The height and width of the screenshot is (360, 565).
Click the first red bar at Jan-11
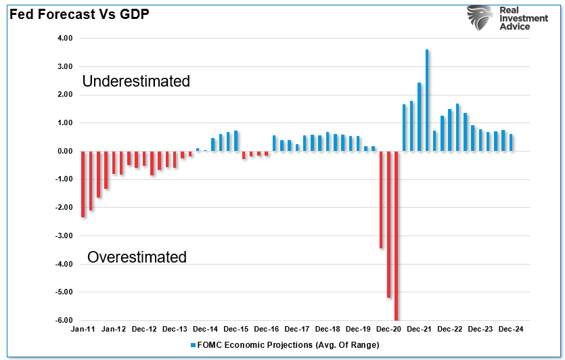[83, 183]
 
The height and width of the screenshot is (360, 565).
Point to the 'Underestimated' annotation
[136, 81]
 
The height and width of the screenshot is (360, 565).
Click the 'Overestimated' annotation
[137, 257]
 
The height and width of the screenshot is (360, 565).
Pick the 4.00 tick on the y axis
[64, 39]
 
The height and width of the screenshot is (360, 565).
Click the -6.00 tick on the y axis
[64, 320]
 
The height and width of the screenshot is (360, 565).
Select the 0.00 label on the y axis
[64, 151]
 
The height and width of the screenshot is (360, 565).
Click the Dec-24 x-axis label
[512, 329]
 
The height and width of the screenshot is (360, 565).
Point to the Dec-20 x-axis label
[389, 329]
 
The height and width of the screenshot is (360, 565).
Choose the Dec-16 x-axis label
[266, 329]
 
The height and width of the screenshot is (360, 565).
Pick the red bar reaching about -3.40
[381, 200]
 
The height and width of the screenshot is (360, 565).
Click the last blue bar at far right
[511, 143]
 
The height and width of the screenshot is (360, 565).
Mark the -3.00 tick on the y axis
[64, 235]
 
